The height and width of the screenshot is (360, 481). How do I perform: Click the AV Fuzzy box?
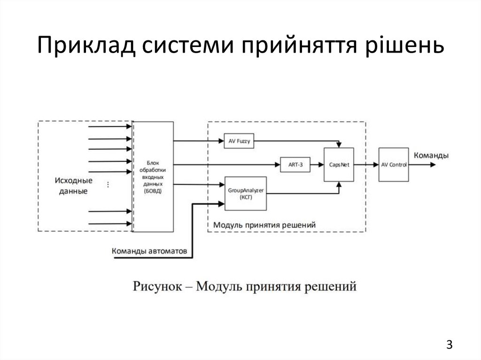tap(239, 141)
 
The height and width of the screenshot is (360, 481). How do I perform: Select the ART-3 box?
tap(295, 164)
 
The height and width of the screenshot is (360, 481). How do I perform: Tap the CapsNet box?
tap(339, 165)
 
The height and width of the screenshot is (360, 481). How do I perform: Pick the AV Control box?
tap(394, 164)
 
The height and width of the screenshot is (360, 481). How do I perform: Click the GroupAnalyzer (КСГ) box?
tap(246, 193)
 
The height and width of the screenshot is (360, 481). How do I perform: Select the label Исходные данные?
tap(73, 186)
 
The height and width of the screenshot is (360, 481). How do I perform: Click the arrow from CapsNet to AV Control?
tap(366, 164)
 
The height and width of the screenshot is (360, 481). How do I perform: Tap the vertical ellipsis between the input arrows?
tap(109, 184)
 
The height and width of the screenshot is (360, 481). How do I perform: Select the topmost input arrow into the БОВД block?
tap(110, 127)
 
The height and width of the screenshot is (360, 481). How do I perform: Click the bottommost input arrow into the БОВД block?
tap(110, 224)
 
